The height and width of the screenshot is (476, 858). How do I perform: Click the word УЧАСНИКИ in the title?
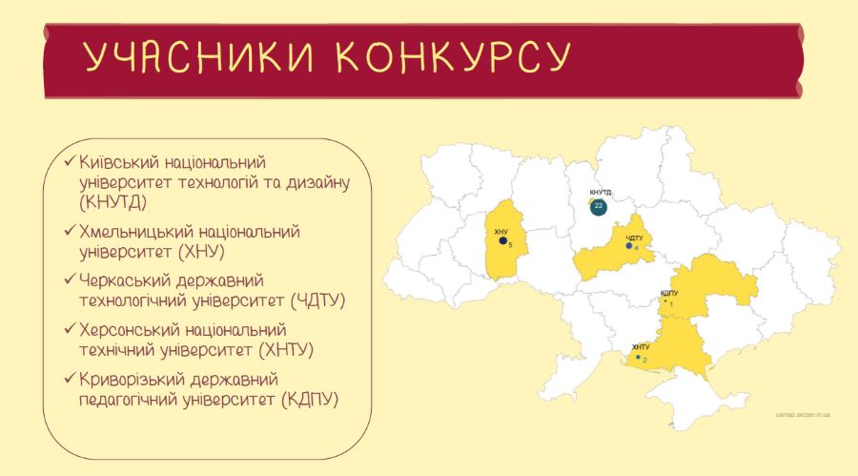click(198, 56)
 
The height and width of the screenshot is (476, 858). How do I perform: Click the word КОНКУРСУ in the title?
click(453, 56)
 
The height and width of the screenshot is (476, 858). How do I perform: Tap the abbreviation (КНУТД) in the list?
click(113, 202)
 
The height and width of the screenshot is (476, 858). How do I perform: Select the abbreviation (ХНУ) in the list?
click(202, 252)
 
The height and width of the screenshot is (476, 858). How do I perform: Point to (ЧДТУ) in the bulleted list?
click(318, 300)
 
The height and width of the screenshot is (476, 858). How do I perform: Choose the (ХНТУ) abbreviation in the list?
click(286, 349)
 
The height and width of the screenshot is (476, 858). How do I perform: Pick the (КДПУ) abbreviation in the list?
click(310, 399)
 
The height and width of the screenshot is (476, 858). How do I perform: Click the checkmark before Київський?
click(70, 161)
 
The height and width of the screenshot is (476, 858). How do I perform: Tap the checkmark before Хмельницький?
click(70, 231)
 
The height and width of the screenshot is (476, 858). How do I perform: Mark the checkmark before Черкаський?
click(70, 279)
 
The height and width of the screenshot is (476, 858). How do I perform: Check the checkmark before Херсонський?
click(70, 329)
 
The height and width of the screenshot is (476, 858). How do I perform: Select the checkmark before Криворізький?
click(70, 379)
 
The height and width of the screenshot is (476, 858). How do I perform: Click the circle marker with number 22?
click(599, 206)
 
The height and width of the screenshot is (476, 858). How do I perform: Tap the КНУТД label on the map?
click(601, 193)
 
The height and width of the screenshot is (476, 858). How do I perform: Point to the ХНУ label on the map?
click(500, 232)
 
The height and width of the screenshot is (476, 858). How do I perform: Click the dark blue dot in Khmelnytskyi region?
click(502, 240)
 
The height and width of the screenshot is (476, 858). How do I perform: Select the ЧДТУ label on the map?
click(634, 238)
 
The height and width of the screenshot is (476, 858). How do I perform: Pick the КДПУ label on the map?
click(669, 293)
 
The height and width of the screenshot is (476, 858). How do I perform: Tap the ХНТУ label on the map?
click(641, 347)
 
